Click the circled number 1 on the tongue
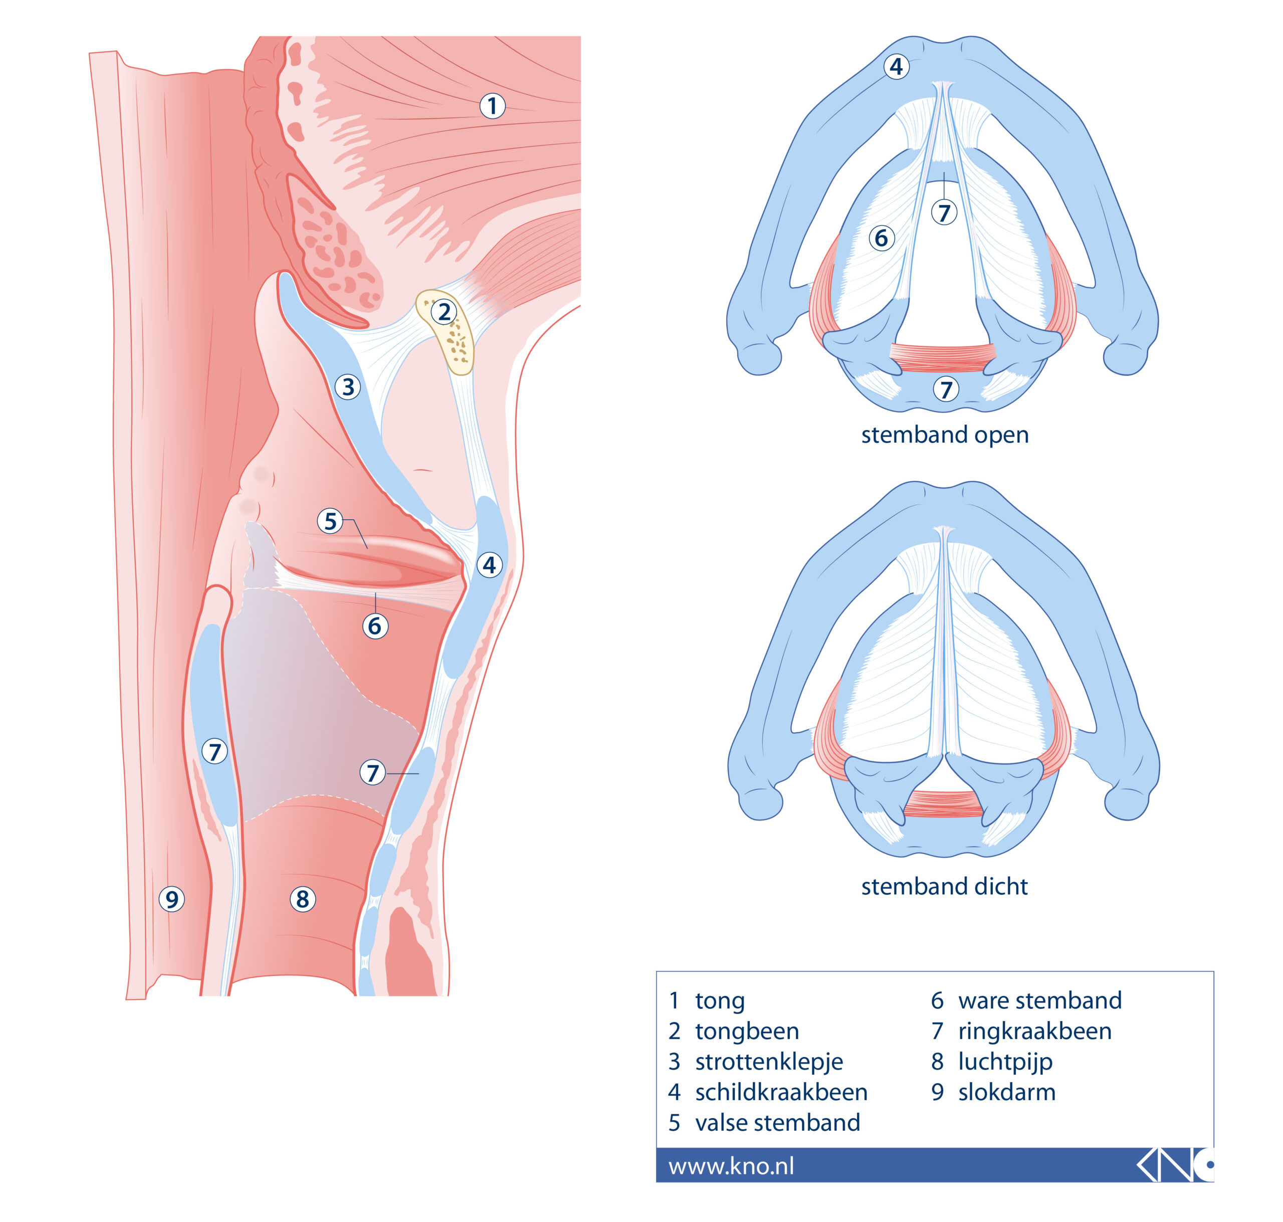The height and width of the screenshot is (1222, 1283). pos(492,106)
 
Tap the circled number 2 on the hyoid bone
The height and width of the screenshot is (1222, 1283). pos(444,312)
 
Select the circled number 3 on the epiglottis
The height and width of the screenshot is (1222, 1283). pos(348,387)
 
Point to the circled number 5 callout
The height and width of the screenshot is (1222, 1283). pos(330,521)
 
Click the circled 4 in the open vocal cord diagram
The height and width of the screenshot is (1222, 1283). pos(896,67)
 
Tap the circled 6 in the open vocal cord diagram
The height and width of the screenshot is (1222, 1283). pos(881,238)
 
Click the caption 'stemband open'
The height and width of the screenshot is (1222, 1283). pos(944,435)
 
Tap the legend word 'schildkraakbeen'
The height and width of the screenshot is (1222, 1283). pos(781,1092)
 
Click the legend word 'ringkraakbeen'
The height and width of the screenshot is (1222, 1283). pos(1034,1031)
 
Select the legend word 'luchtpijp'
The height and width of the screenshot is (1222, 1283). pos(1005,1062)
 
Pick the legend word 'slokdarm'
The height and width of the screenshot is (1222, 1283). pos(1006,1092)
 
